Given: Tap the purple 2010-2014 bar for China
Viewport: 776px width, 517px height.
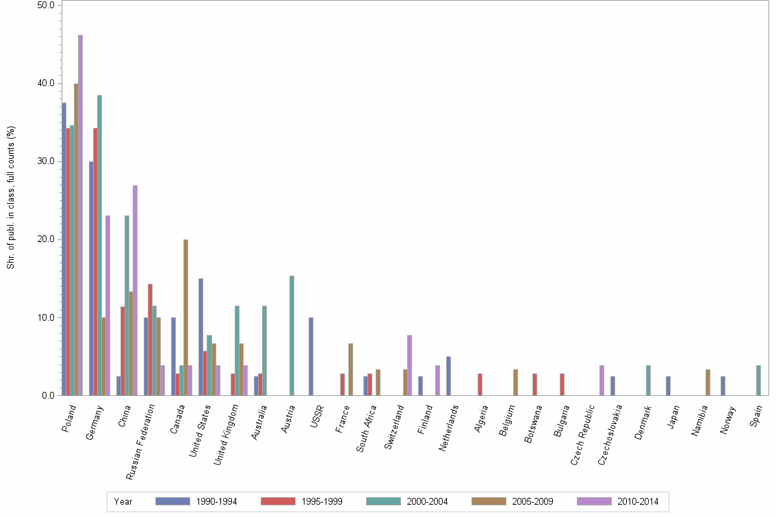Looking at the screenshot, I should click(135, 290).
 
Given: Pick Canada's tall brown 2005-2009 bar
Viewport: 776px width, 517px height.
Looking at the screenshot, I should click(185, 317).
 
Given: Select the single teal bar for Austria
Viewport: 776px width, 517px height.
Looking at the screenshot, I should click(292, 335).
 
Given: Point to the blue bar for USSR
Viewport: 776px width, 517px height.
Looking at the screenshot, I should click(311, 356).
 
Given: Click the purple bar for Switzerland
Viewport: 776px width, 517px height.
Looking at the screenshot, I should click(409, 365).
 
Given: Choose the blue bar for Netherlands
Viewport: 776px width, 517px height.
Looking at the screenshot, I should click(448, 375).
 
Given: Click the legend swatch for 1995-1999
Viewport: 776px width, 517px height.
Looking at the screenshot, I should click(278, 501).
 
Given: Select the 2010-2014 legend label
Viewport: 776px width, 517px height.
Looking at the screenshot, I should click(638, 502).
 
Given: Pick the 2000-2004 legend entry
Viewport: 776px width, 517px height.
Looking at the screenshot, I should click(427, 502).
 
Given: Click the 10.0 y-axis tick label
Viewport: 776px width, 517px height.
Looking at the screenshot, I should click(47, 317).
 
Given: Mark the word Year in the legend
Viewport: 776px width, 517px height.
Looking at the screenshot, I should click(123, 502).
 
